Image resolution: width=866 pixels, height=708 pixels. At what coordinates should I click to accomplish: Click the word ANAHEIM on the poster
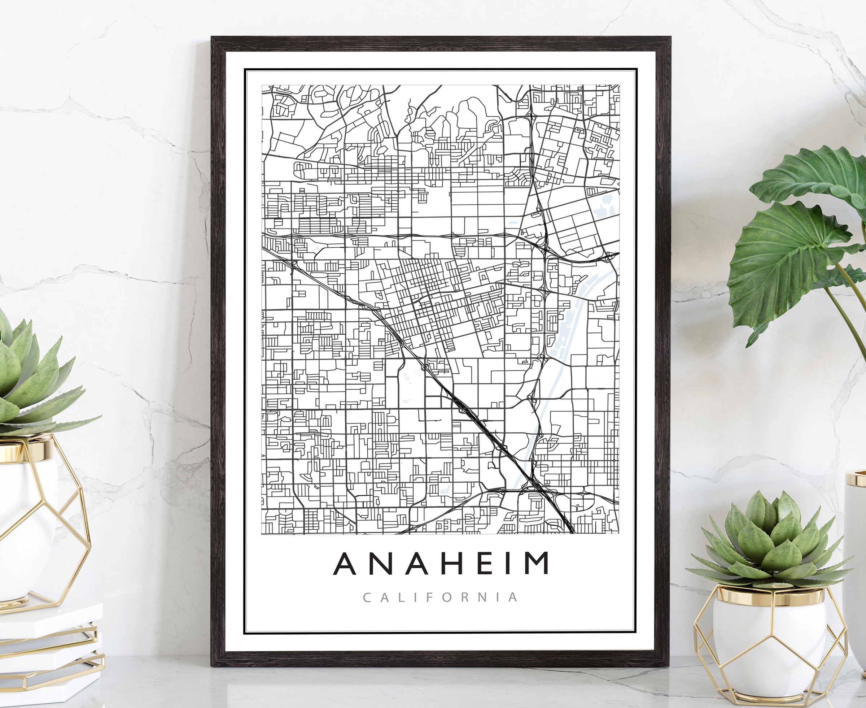tap(441, 563)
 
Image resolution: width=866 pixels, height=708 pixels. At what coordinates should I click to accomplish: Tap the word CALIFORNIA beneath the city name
tap(441, 598)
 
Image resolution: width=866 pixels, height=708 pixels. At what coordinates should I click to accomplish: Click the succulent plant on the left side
tap(32, 379)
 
